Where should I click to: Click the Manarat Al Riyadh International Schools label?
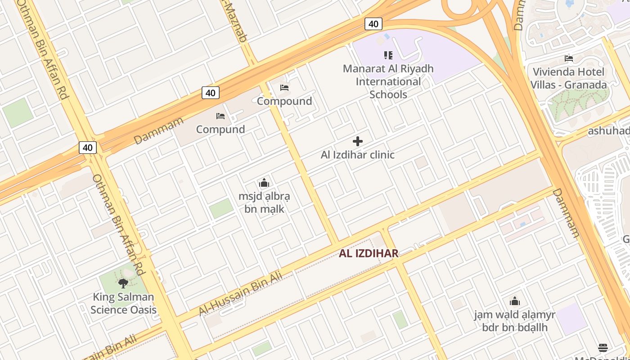click(388, 81)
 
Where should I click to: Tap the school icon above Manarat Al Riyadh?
click(388, 55)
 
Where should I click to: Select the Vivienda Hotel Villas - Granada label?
click(568, 78)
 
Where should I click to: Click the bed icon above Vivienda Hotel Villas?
click(569, 58)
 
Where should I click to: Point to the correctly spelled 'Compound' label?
click(284, 101)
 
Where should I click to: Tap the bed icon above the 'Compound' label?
click(284, 87)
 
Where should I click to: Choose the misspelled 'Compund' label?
click(220, 129)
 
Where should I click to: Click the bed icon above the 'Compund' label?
click(220, 116)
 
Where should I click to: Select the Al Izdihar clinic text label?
click(358, 155)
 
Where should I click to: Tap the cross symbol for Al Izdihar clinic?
click(358, 141)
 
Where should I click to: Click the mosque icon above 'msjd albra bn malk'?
click(264, 183)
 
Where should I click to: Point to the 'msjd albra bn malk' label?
click(264, 202)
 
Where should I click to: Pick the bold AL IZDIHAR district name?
click(369, 253)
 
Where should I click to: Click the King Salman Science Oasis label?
click(123, 303)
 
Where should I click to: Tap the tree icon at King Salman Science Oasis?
click(123, 283)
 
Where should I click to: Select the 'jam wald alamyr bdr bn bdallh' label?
click(515, 321)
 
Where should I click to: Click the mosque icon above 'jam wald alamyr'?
click(515, 301)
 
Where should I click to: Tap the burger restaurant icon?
click(603, 347)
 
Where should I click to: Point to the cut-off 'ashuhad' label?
click(608, 131)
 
